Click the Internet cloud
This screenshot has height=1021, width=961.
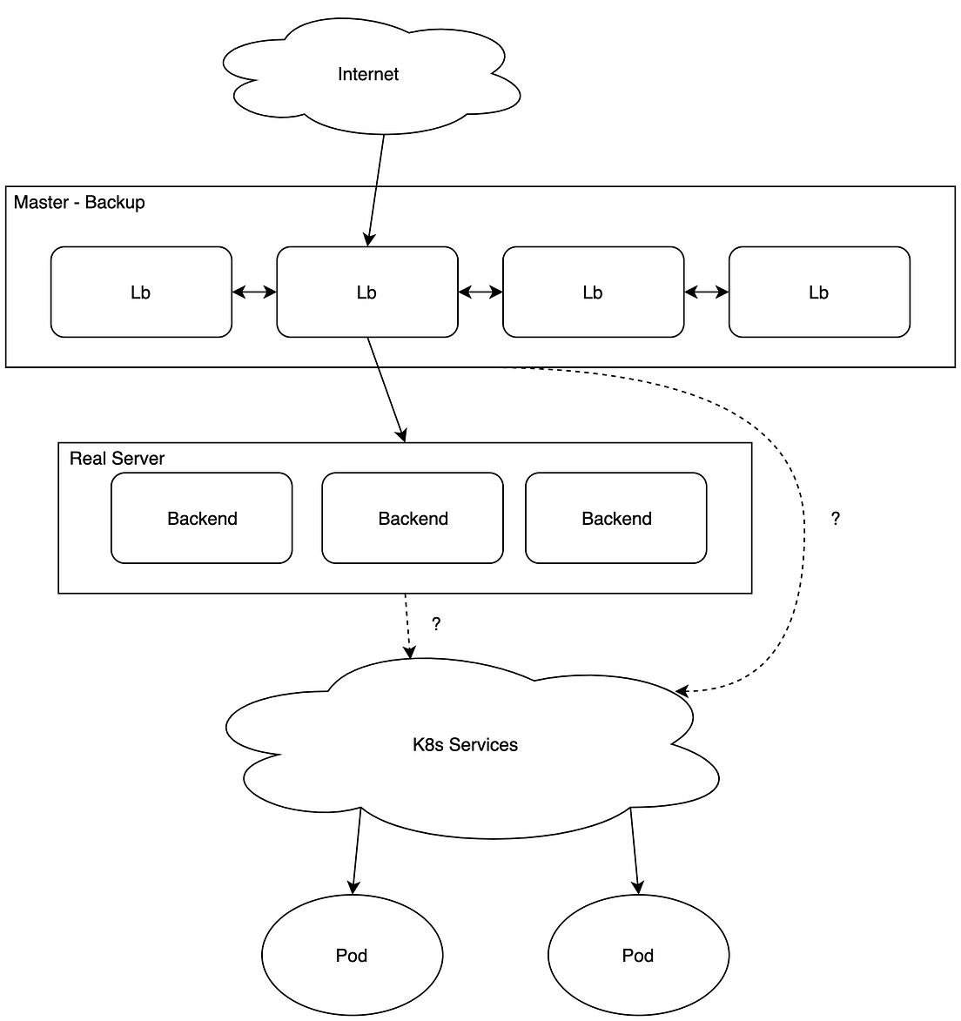[368, 75]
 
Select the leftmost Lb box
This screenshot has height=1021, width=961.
[141, 292]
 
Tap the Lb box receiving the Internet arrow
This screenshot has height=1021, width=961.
[366, 292]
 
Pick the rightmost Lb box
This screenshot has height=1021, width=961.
[818, 292]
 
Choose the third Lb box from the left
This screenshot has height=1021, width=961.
[593, 292]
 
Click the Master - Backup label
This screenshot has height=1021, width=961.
[79, 203]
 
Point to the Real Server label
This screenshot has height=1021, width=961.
[117, 459]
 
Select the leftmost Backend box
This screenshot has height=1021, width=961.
[202, 519]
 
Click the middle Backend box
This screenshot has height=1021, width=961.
[413, 519]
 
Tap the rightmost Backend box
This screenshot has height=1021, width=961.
[616, 519]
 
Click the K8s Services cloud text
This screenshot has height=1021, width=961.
[465, 745]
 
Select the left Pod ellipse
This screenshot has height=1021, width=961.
[352, 956]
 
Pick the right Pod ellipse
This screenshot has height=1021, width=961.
[637, 956]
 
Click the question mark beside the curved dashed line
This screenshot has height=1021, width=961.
[836, 520]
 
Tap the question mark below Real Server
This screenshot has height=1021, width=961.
[436, 624]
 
